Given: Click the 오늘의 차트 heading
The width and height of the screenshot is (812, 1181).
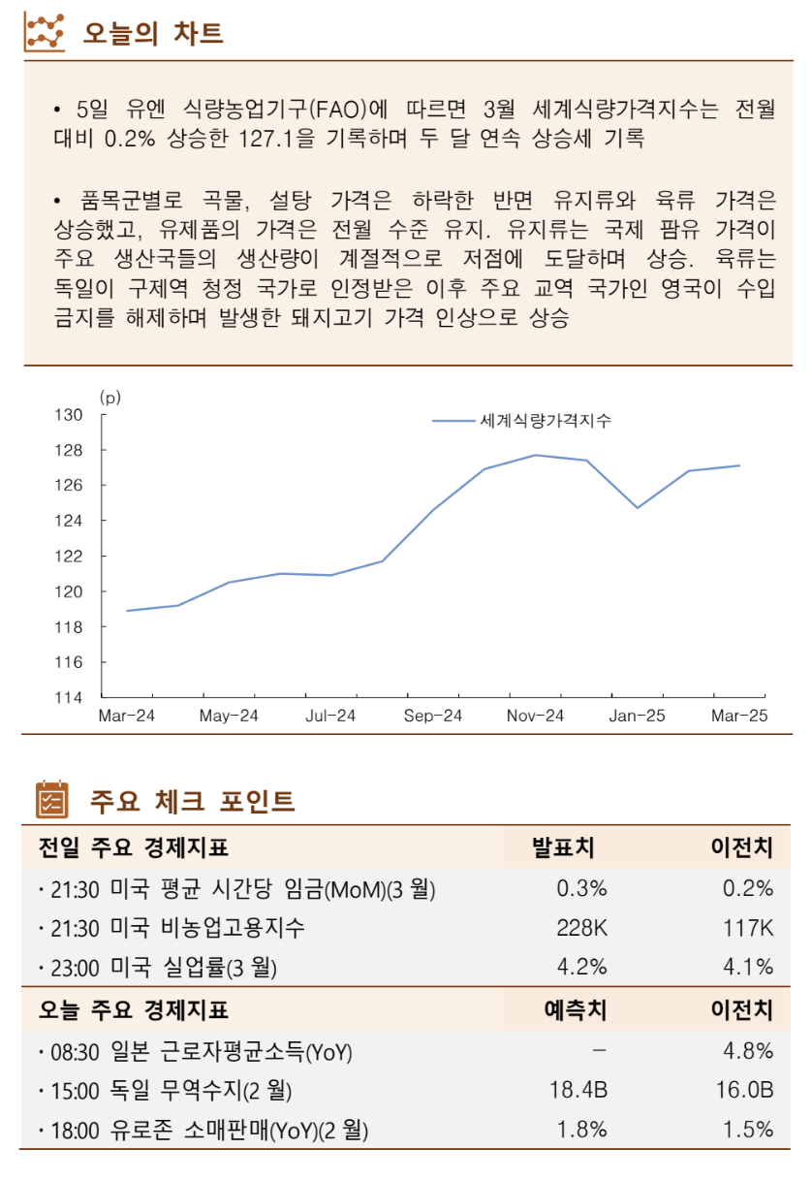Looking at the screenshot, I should (153, 33).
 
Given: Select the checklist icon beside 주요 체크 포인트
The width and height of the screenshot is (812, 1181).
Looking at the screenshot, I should (51, 800).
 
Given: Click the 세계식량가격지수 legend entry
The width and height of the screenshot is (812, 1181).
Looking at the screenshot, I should (546, 421).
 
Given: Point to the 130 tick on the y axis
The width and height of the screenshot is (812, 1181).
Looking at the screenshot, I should (72, 415).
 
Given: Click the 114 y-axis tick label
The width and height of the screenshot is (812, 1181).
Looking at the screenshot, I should (72, 697).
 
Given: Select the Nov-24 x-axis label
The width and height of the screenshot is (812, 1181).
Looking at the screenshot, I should (535, 717).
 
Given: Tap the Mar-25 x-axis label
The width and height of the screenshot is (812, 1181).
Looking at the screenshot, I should (739, 717).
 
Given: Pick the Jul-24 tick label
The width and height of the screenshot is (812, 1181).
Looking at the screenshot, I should (330, 717).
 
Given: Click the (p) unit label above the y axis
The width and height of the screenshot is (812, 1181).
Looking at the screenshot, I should (109, 397).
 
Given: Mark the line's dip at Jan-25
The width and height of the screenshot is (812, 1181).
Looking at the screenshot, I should (638, 507).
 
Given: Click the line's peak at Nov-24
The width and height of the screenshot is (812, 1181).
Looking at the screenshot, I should (535, 455).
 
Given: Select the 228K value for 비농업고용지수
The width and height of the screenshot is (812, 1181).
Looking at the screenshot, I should (581, 927).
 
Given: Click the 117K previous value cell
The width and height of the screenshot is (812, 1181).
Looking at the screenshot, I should (747, 927).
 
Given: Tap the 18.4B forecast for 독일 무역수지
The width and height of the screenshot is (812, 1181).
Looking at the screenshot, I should (578, 1090).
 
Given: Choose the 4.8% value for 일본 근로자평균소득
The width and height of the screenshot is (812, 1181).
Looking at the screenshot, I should (749, 1051).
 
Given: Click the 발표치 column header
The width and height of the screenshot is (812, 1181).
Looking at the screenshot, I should (563, 847).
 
